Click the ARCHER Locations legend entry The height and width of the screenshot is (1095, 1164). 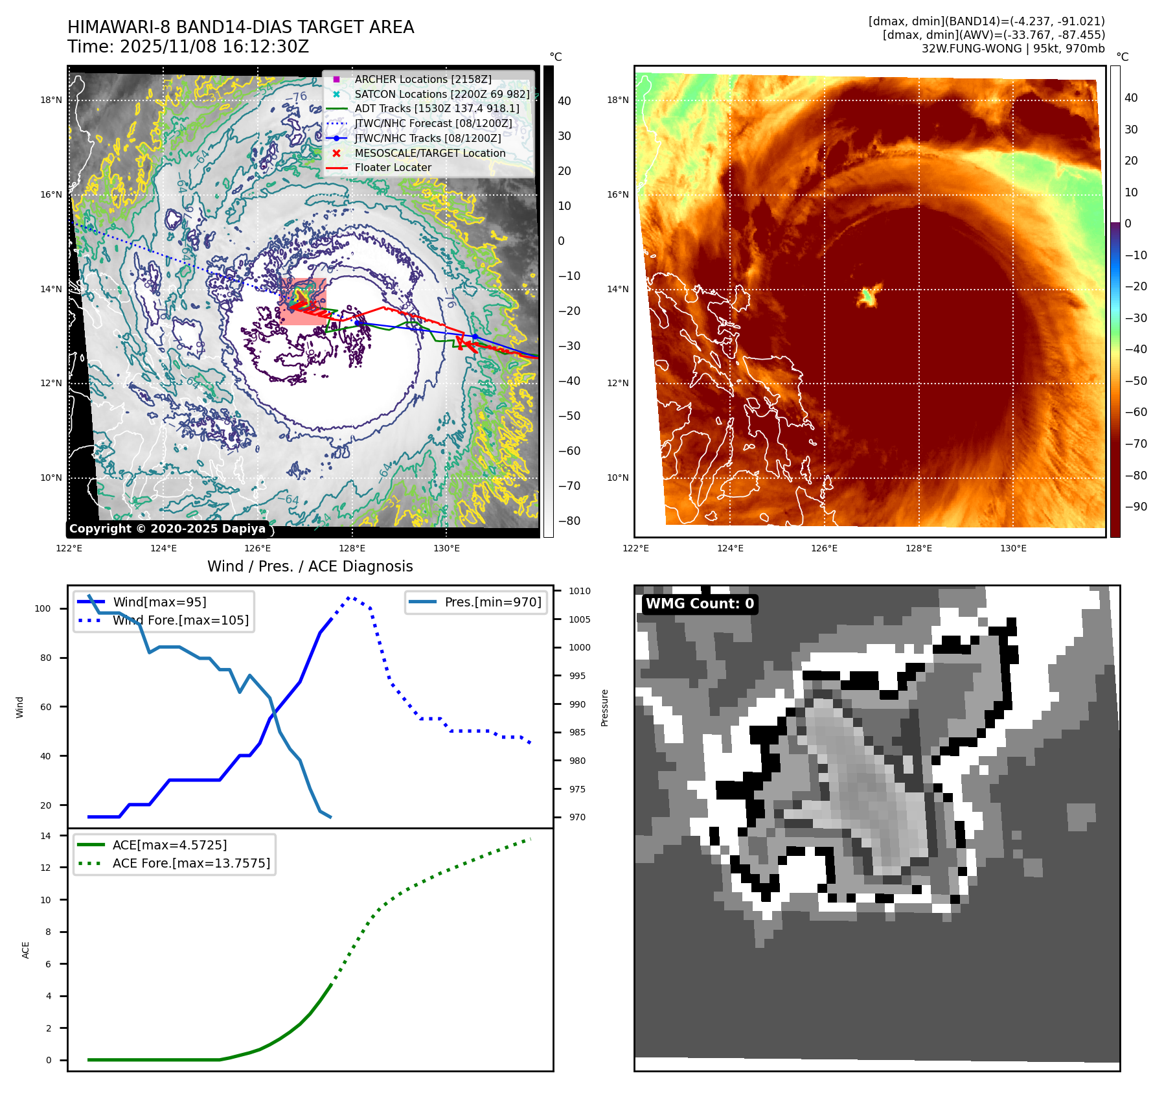click(x=422, y=79)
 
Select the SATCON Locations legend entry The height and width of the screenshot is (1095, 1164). click(x=441, y=94)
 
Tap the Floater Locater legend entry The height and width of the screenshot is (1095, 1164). click(x=393, y=167)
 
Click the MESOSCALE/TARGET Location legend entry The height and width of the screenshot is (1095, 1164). click(x=429, y=153)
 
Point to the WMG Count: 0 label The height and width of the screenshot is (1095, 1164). click(x=700, y=604)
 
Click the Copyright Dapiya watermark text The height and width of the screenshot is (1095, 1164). click(x=167, y=529)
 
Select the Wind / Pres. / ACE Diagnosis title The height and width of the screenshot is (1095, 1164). click(x=310, y=566)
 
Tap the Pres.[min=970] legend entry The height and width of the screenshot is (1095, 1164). click(x=492, y=602)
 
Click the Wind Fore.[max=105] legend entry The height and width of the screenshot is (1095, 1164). click(x=180, y=620)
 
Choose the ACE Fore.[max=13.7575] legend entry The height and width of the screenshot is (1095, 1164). click(x=191, y=863)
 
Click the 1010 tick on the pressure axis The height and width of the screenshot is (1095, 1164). click(x=580, y=591)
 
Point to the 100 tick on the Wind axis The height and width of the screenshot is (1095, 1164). click(x=43, y=608)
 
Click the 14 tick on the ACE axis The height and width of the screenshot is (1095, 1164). click(x=45, y=836)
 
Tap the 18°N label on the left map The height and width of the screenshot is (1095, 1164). click(x=51, y=100)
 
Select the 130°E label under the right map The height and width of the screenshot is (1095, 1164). click(x=1013, y=548)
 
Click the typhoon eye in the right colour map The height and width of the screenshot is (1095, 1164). click(x=868, y=295)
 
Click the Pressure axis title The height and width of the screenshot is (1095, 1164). click(x=604, y=708)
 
